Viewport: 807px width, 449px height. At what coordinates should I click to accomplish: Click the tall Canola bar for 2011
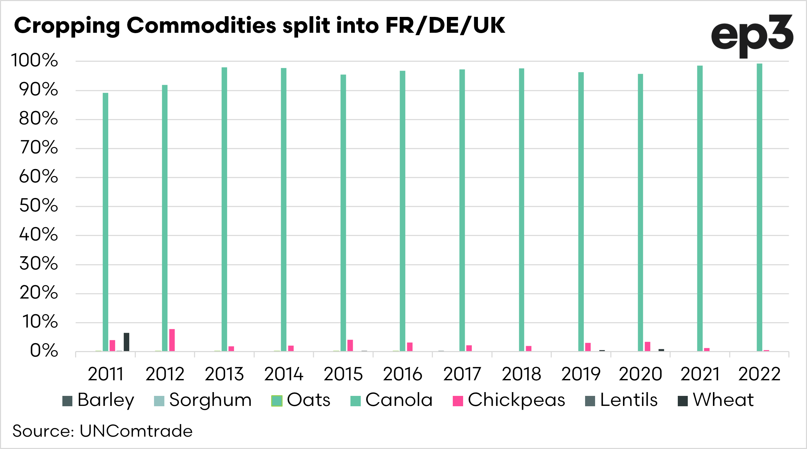(x=105, y=222)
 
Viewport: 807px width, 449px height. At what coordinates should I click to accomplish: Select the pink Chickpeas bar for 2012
(x=172, y=340)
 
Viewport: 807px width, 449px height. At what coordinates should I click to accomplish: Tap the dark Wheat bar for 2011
(x=126, y=342)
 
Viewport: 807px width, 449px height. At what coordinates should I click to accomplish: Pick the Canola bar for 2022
(x=759, y=207)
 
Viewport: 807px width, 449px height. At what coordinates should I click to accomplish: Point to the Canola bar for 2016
(x=402, y=211)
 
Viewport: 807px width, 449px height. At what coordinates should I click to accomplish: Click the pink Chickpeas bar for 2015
(x=350, y=346)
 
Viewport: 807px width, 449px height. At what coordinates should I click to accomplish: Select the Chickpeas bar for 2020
(x=647, y=347)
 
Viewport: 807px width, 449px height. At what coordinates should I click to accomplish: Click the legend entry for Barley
(x=98, y=400)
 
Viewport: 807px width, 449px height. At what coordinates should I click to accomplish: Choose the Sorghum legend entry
(x=203, y=400)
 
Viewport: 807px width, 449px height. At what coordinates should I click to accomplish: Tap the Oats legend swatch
(x=277, y=401)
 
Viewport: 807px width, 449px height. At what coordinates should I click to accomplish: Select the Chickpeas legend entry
(x=509, y=400)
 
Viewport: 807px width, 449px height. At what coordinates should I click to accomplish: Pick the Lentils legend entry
(x=622, y=400)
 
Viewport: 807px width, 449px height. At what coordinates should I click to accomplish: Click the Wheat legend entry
(x=716, y=400)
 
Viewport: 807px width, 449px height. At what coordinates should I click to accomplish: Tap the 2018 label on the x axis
(x=521, y=374)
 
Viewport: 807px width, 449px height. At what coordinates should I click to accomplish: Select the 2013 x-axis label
(x=224, y=374)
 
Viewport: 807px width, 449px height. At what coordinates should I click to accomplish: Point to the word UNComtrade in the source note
(x=136, y=431)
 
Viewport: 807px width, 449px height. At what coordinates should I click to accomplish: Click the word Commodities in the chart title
(x=201, y=26)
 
